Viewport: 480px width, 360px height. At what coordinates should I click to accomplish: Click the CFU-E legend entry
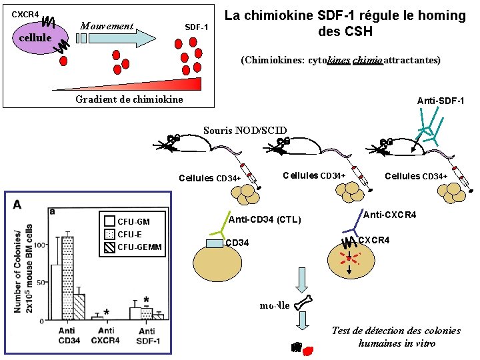point(129,234)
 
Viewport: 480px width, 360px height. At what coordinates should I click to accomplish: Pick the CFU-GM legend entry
point(133,221)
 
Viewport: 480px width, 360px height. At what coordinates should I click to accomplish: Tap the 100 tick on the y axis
point(43,245)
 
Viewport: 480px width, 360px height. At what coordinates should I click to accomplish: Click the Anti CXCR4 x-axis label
point(106,335)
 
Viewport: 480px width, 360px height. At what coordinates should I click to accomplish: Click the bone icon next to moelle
point(302,305)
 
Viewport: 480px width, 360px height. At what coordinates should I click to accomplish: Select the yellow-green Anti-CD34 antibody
point(215,227)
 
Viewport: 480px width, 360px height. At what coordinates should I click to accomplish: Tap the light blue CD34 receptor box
point(215,243)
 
